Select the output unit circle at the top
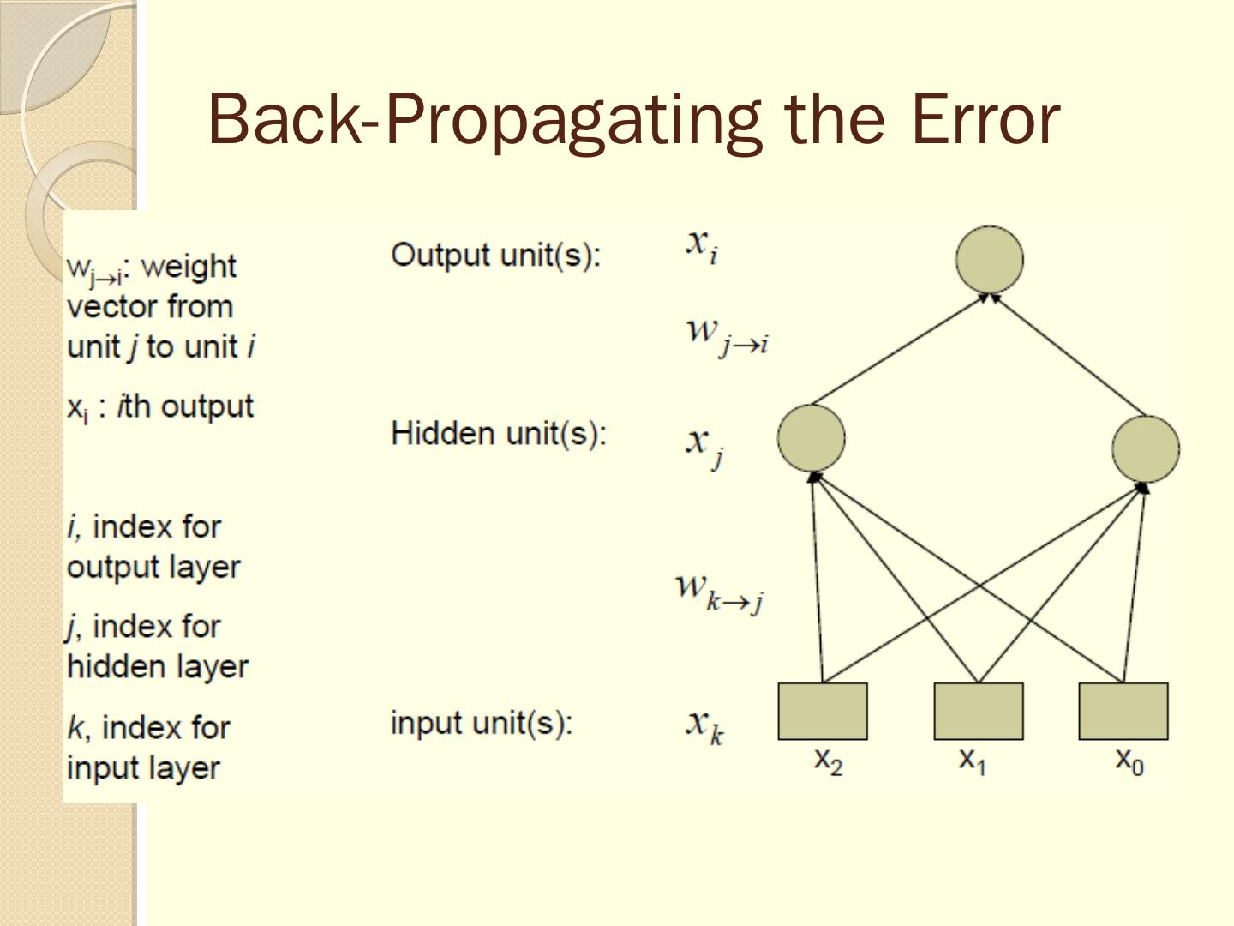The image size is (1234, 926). click(989, 259)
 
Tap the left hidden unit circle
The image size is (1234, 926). click(811, 437)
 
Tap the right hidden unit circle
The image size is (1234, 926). click(1145, 448)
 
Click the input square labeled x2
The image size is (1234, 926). click(823, 711)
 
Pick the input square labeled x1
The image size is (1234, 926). click(979, 711)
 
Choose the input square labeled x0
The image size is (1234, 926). click(1123, 711)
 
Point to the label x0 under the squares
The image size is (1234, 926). click(1129, 760)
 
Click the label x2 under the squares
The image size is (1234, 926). click(828, 760)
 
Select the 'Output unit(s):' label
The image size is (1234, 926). click(496, 255)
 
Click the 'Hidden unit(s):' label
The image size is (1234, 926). click(499, 433)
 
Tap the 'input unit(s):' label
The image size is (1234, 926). click(482, 723)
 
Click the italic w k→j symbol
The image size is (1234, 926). click(719, 591)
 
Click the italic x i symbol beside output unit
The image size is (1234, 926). click(701, 245)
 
